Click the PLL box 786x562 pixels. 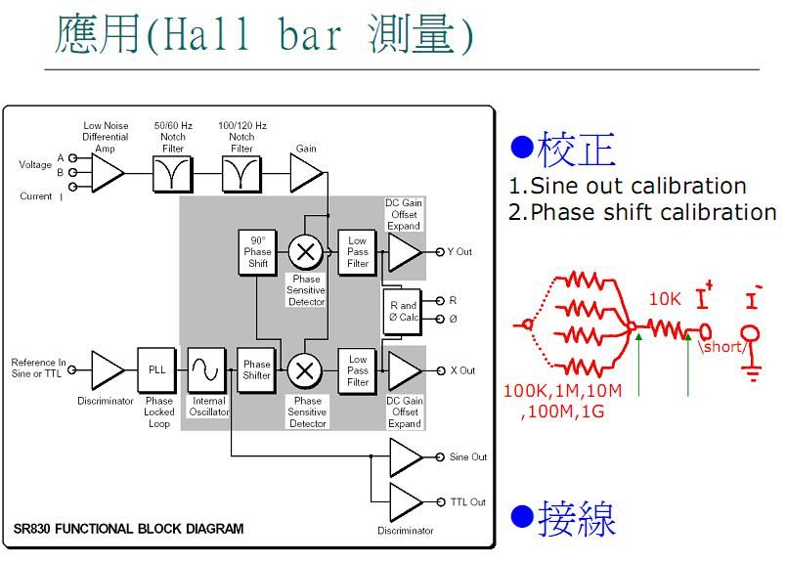point(156,370)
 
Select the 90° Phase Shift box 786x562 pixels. point(258,252)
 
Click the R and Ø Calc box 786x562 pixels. point(403,312)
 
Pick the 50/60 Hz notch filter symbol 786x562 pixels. point(172,174)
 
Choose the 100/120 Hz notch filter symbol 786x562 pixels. point(241,174)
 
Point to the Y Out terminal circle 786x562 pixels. point(440,251)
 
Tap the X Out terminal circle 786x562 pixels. point(441,370)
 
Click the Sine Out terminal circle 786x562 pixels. point(440,456)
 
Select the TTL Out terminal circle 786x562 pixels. point(441,501)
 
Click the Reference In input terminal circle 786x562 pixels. point(72,370)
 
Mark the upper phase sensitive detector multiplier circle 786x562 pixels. point(305,251)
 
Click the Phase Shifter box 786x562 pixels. point(257,370)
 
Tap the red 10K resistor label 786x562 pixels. point(665,299)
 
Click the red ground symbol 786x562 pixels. point(752,373)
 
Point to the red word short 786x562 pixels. point(722,346)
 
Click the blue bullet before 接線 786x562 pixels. point(522,516)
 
